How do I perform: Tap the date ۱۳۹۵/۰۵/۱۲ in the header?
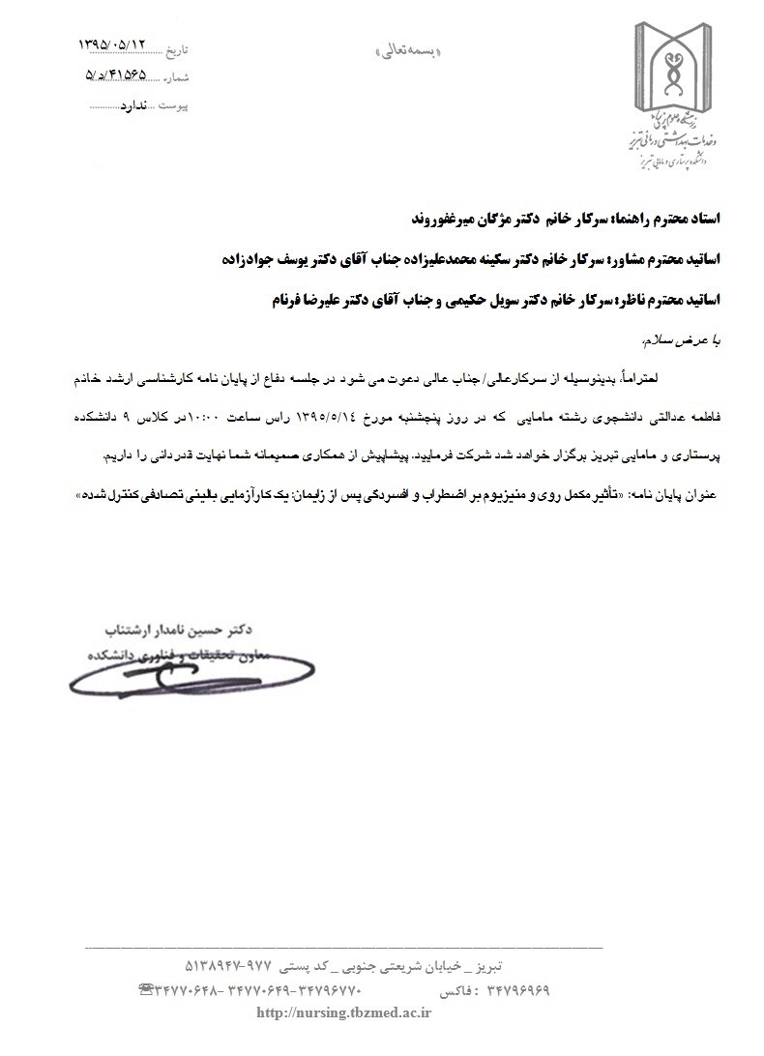click(x=115, y=44)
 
